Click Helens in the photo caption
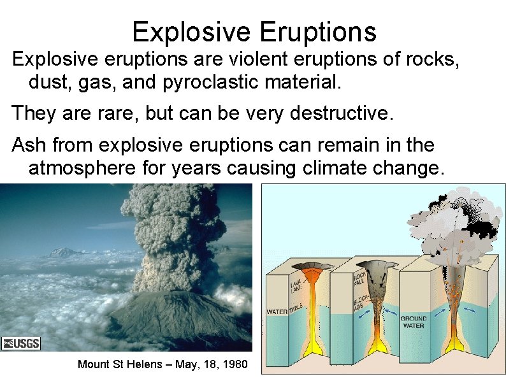tap(147, 364)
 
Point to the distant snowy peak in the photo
tap(64, 252)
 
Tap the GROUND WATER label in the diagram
tap(413, 321)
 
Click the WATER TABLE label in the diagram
tap(286, 311)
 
